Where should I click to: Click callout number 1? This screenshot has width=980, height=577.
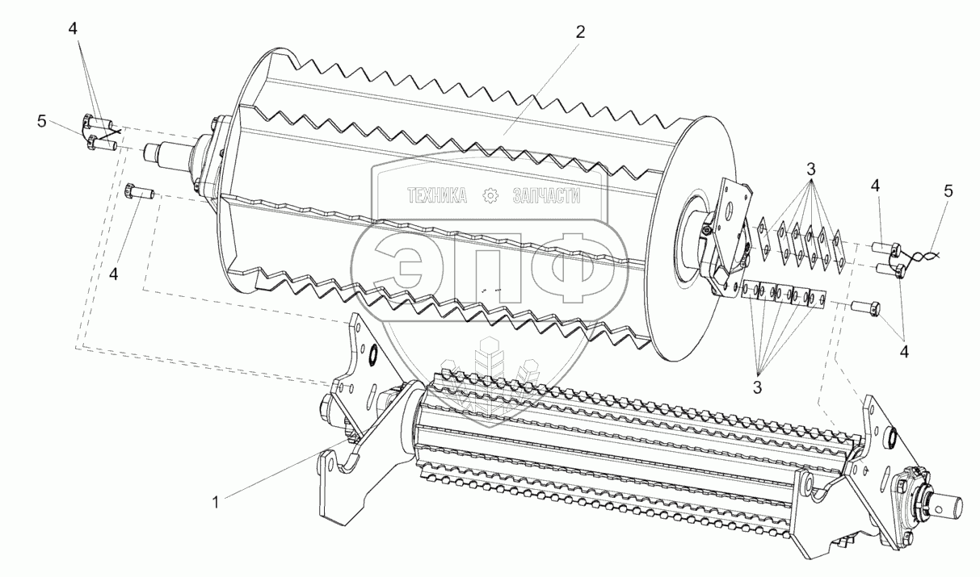(x=215, y=503)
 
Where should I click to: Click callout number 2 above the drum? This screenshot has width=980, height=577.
(x=580, y=32)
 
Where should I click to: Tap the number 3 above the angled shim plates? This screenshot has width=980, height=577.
(x=810, y=169)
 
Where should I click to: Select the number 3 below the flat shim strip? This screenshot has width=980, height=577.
(x=757, y=387)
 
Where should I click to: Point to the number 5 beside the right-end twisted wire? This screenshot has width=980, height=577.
(x=948, y=191)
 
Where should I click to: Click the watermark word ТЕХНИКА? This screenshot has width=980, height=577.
(x=437, y=195)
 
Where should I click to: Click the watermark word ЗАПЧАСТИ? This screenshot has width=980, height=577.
(x=546, y=195)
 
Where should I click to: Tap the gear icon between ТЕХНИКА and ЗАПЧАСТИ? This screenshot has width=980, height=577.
(x=490, y=195)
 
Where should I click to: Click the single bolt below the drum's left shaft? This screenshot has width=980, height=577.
(x=140, y=192)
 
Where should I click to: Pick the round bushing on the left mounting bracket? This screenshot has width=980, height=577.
(x=374, y=354)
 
